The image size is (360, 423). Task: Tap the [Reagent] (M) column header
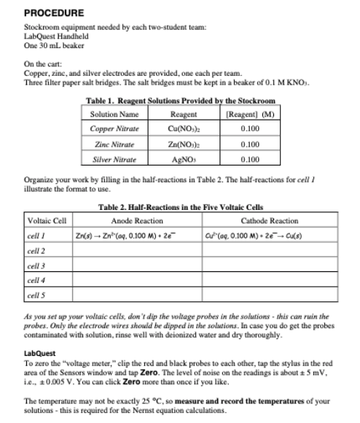[x=249, y=113]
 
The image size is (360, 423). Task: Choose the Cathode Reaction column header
[x=269, y=220]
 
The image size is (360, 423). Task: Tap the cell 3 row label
[x=36, y=265]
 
